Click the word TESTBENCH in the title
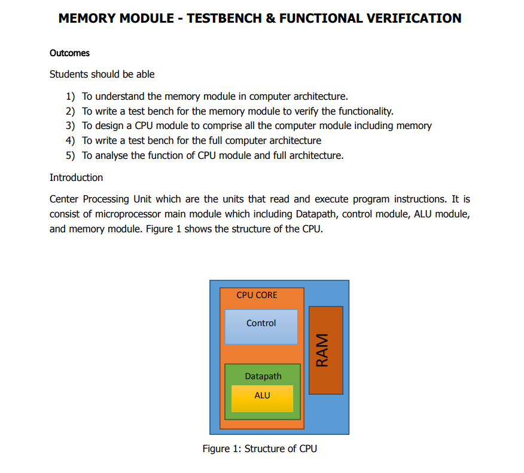point(224,18)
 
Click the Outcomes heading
point(69,53)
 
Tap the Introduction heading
point(76,177)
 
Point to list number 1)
point(71,96)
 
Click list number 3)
point(71,125)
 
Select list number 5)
point(71,155)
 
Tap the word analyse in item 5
point(111,155)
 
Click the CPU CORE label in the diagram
point(257,294)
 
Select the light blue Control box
point(261,326)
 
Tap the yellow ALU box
point(262,398)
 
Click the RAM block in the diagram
point(325,350)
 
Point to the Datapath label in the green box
point(263,376)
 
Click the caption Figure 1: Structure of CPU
point(260,449)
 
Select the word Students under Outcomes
point(69,74)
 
